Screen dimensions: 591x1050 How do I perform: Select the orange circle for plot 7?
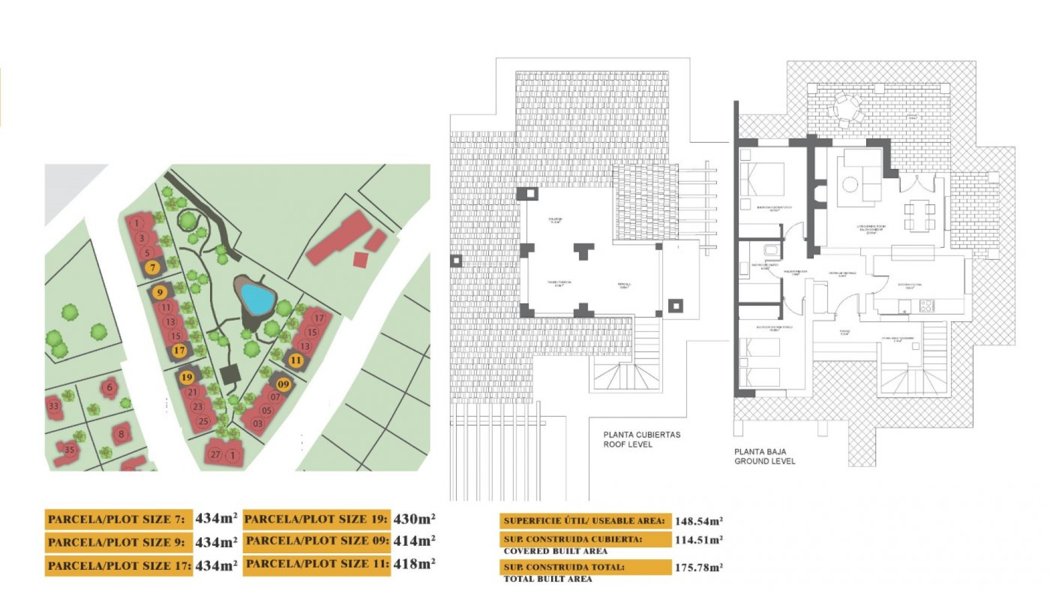point(153,268)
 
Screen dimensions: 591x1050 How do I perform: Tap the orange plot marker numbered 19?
point(187,377)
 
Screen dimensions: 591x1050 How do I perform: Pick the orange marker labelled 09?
point(283,384)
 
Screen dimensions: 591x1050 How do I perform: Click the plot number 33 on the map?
point(54,406)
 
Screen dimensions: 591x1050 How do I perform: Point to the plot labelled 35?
point(69,450)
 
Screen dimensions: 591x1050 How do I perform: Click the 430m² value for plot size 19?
point(414,518)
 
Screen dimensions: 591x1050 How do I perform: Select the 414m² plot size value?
point(414,541)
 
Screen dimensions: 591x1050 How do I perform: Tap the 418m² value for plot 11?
point(414,563)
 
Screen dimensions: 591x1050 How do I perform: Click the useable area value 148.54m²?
point(698,521)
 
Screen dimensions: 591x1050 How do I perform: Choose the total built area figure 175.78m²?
point(698,567)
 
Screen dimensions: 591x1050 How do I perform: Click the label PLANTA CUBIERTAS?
point(641,434)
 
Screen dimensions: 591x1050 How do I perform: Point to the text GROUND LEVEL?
point(765,461)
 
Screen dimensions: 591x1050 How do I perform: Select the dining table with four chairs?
point(919,216)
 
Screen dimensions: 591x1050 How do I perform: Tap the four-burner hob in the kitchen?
point(926,306)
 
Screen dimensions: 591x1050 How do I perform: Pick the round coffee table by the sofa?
point(849,184)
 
